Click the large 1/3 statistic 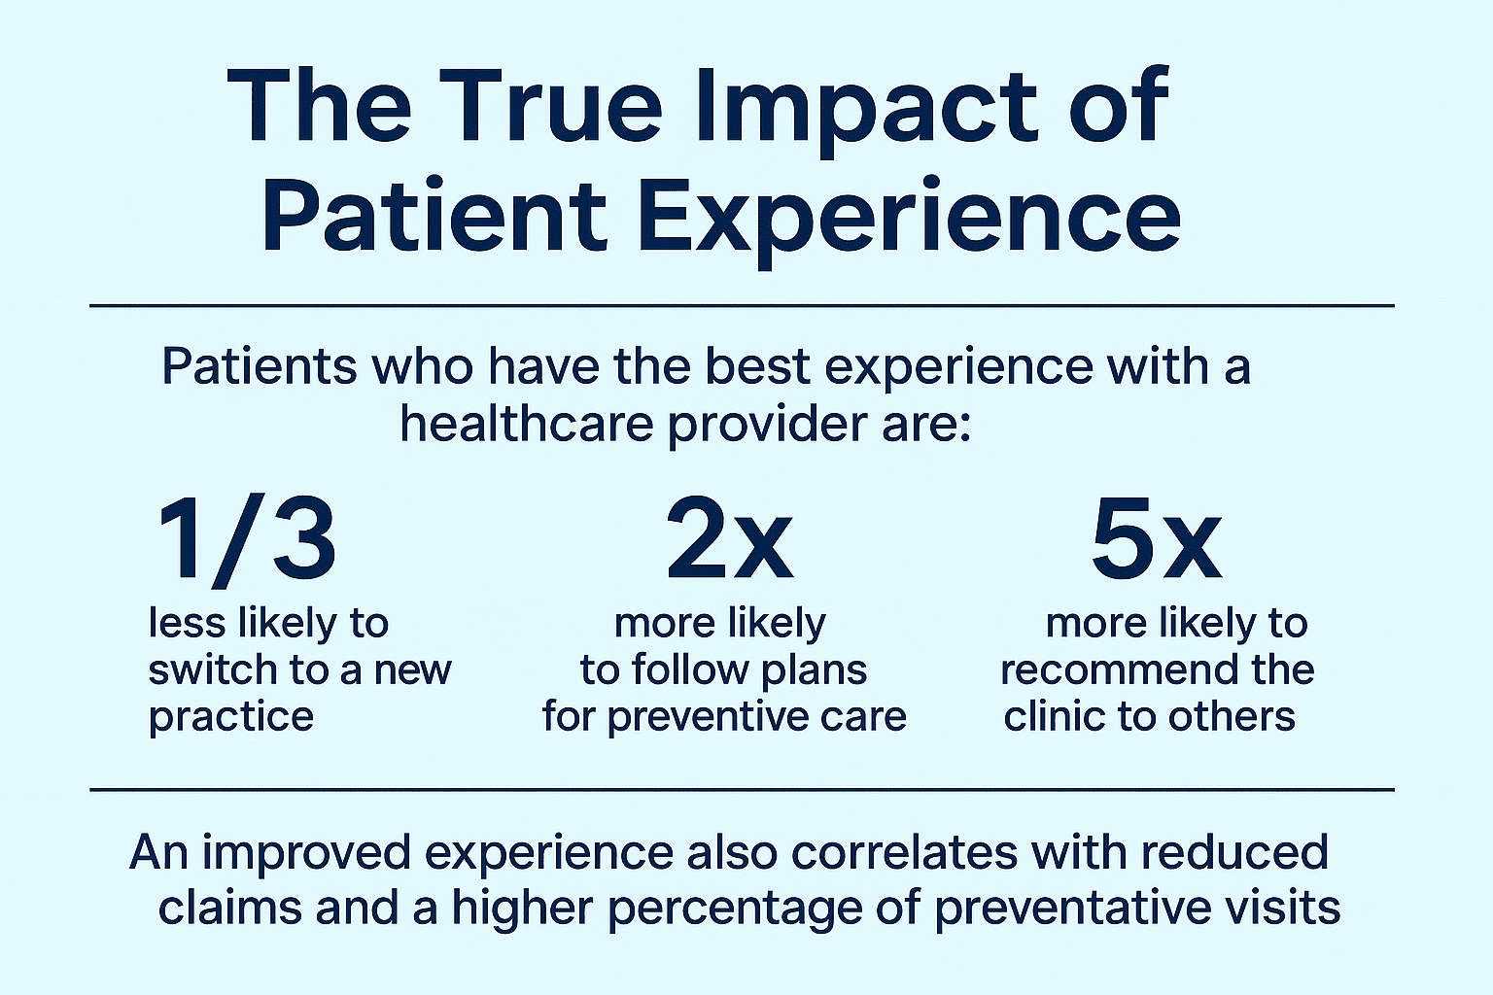tap(247, 540)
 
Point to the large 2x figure tap(729, 540)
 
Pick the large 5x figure tap(1156, 540)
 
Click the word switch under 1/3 tap(205, 669)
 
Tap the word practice tap(231, 717)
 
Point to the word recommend tap(1104, 669)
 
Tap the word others tap(1232, 716)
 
